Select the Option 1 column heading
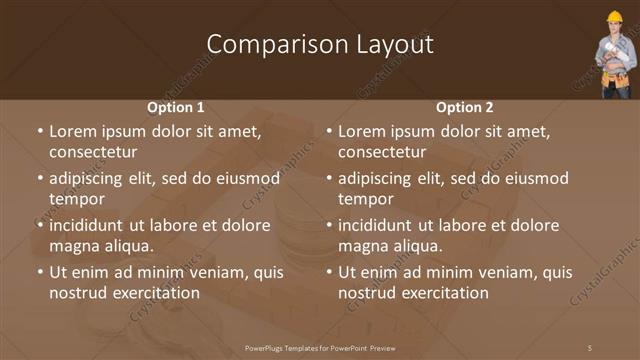[176, 107]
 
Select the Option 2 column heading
[464, 107]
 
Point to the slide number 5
[589, 347]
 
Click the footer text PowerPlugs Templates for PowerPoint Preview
[320, 347]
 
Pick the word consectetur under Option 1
[92, 152]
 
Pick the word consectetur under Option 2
[381, 152]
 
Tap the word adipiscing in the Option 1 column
[94, 179]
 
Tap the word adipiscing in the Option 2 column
[383, 179]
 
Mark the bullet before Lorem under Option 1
[40, 131]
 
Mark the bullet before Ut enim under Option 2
[329, 272]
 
